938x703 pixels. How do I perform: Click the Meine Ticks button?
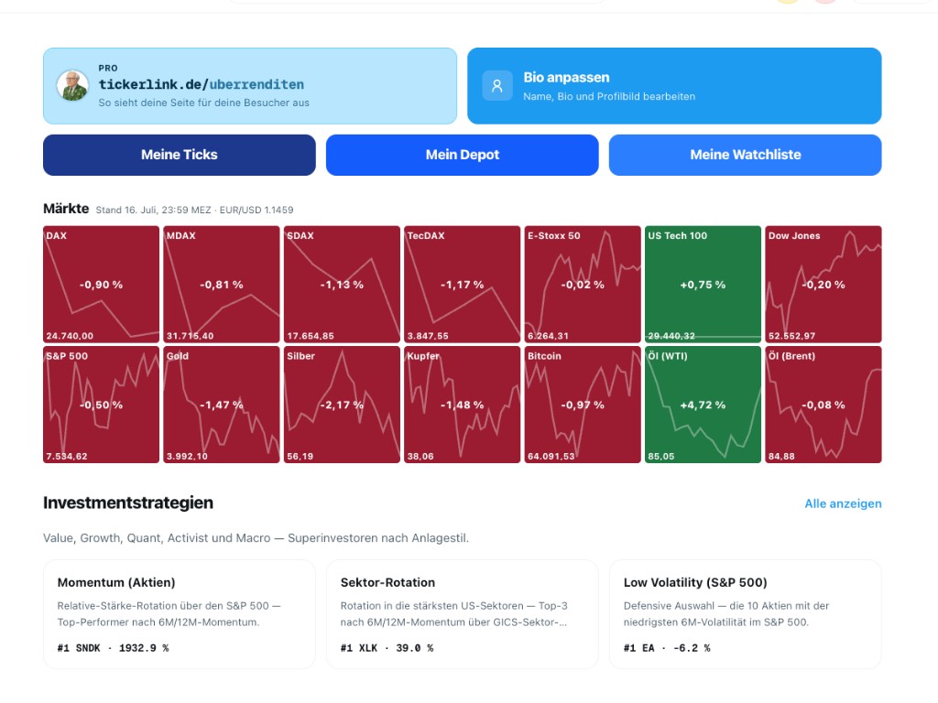180,155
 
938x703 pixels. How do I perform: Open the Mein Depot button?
463,155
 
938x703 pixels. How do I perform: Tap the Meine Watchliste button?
746,155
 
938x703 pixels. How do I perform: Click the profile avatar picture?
73,85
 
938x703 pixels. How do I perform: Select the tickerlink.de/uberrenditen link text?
201,84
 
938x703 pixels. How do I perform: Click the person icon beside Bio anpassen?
497,86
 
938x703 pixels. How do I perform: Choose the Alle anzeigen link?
843,503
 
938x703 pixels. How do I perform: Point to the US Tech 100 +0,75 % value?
703,285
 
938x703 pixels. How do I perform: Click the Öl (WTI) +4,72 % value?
703,405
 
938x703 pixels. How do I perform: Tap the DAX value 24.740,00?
70,336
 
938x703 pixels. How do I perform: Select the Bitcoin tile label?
544,356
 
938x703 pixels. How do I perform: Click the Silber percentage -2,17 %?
342,405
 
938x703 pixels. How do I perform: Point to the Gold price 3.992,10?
187,456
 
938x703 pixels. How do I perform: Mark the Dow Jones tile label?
794,235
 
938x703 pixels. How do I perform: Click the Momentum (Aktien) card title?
116,582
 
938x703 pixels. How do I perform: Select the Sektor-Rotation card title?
387,582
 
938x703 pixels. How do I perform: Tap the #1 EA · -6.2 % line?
667,648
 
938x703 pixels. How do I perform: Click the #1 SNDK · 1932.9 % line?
113,648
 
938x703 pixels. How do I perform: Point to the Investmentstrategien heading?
128,503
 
